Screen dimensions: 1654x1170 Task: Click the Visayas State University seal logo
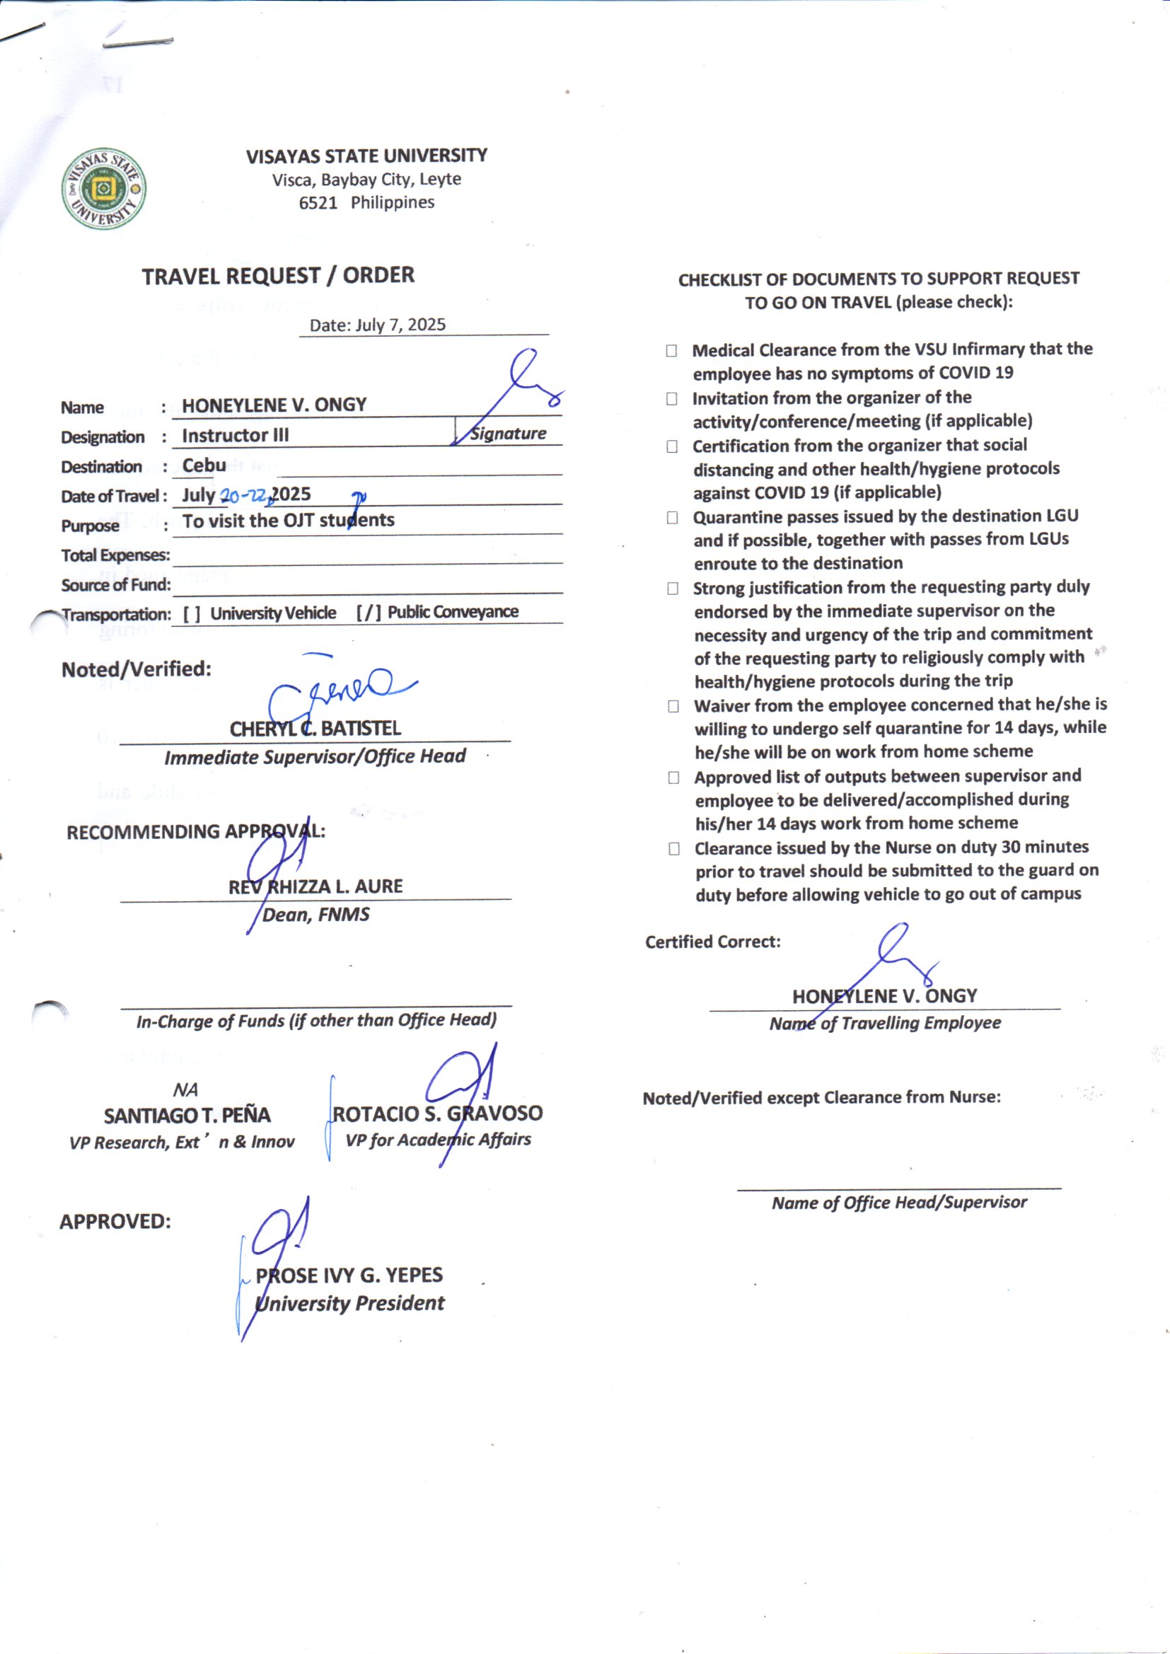[104, 190]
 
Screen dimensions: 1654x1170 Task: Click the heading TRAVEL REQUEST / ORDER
[278, 276]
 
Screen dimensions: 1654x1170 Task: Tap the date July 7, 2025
[400, 325]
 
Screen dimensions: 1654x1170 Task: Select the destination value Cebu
[204, 465]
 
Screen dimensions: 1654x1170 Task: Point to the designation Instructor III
[235, 436]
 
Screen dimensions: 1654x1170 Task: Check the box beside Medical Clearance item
[671, 351]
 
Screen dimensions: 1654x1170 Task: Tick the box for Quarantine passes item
[672, 517]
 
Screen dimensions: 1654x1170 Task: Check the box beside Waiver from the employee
[673, 706]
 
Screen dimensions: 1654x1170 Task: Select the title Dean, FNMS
[315, 915]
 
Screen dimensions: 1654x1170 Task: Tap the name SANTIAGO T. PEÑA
[187, 1116]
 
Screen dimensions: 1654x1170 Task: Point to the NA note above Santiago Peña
[185, 1090]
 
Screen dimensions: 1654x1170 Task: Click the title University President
[350, 1303]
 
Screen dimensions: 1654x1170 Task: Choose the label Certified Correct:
[712, 942]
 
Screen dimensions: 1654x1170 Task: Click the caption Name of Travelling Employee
[885, 1024]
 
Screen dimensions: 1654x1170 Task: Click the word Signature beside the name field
[508, 434]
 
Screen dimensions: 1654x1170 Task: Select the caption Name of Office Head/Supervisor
[899, 1203]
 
